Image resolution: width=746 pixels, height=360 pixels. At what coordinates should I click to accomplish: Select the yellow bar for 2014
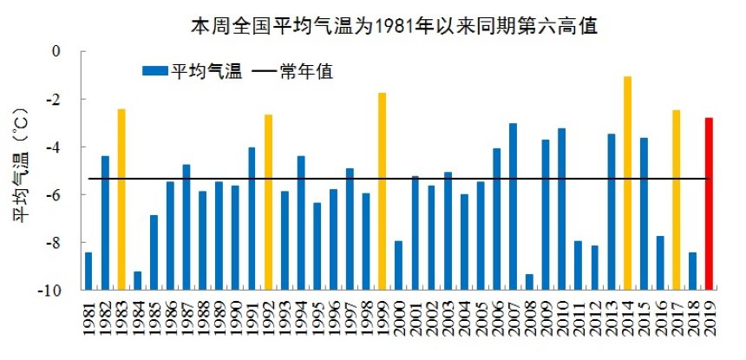pos(627,182)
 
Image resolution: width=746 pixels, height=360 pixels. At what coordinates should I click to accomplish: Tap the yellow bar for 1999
pos(382,191)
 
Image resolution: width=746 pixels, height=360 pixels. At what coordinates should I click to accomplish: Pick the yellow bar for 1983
pos(121,199)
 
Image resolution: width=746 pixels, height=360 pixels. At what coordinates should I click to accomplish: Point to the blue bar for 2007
pos(513,206)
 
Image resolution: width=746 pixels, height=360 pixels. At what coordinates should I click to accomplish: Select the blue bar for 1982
pos(105,222)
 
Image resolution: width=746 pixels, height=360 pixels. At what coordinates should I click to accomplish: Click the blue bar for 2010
pos(561,208)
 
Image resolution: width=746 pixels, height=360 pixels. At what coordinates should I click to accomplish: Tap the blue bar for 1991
pos(252,218)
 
